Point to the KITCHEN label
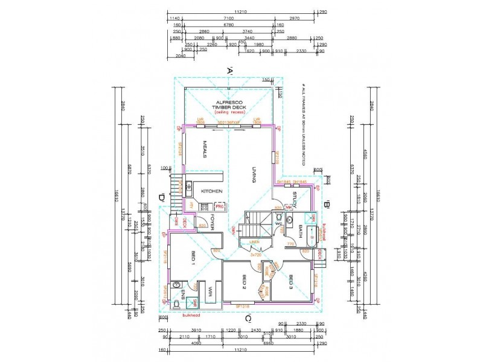212,191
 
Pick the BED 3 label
290,282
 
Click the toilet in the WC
289,220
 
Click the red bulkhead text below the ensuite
182,315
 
